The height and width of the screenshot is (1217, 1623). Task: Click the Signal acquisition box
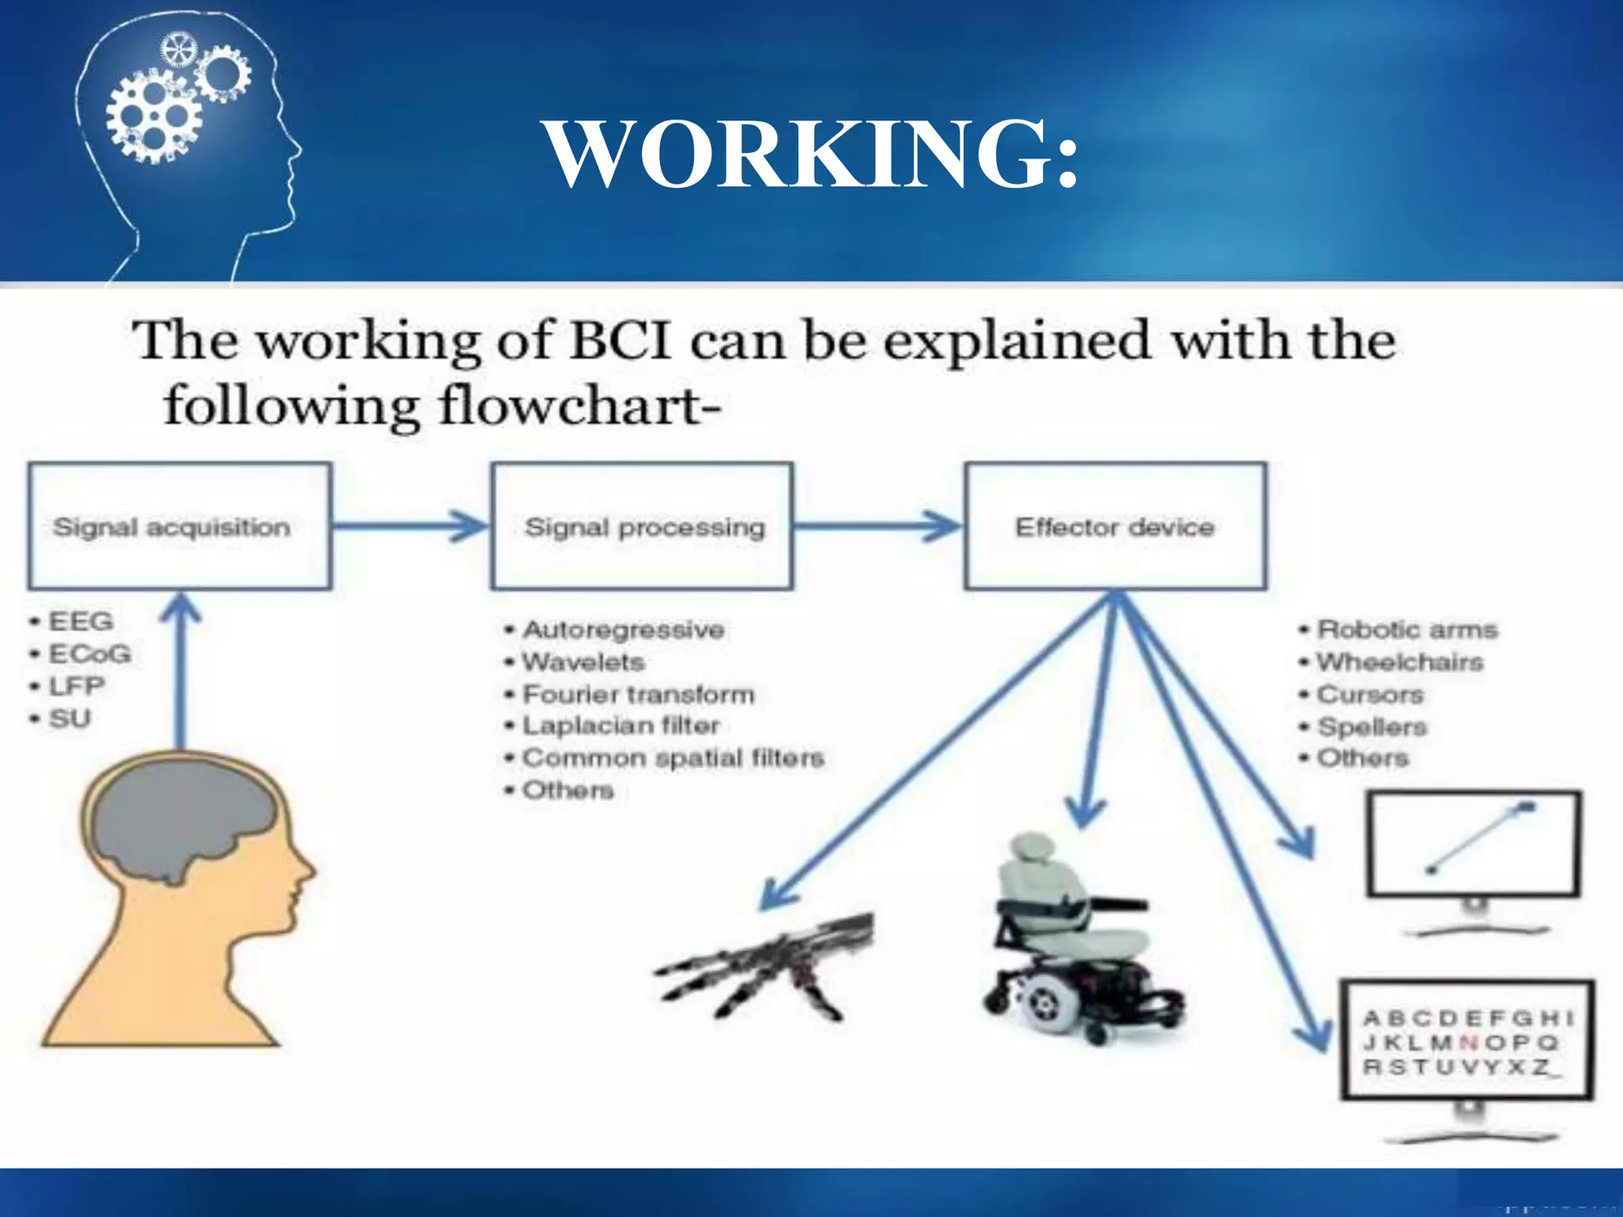pos(179,527)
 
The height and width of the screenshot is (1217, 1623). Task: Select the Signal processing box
pos(643,527)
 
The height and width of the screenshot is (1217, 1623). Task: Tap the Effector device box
pos(1115,527)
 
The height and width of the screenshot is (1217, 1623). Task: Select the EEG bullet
pos(80,621)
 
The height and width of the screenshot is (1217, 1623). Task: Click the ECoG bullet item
pos(89,654)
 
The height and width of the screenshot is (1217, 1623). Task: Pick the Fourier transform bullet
pos(638,695)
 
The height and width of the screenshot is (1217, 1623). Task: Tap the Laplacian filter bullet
pos(621,726)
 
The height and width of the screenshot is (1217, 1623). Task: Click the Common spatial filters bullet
pos(673,758)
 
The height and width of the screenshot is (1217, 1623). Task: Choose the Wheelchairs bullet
pos(1399,662)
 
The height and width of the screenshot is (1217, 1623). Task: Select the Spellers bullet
pos(1371,727)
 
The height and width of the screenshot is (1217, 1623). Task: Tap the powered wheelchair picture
pos(1078,943)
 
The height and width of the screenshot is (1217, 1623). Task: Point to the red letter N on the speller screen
pos(1468,1043)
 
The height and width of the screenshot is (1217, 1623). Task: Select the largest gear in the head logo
pos(153,119)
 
